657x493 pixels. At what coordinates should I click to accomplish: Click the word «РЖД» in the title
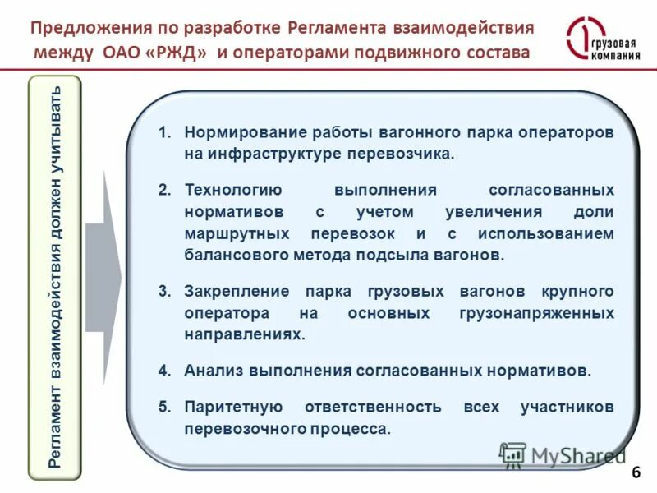tap(181, 53)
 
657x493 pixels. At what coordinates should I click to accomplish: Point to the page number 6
tap(636, 473)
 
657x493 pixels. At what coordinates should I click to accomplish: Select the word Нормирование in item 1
tap(235, 132)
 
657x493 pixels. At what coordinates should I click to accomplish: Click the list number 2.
tap(164, 190)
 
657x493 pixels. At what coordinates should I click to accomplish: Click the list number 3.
tap(164, 292)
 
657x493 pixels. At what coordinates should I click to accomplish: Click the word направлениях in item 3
tap(244, 334)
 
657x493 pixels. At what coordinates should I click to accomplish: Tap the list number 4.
tap(164, 371)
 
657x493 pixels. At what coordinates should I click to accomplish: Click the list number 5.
tap(164, 407)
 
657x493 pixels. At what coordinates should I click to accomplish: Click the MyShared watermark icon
tap(512, 455)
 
